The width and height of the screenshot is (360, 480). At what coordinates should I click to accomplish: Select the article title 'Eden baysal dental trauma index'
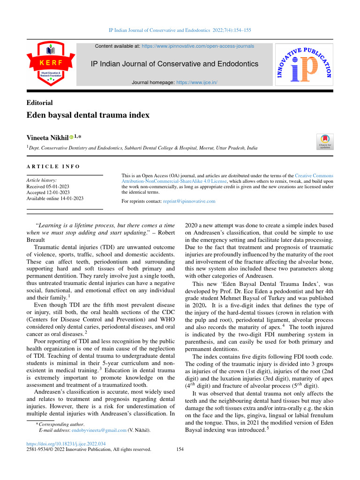click(88, 115)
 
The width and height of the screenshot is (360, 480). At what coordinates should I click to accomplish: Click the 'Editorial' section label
click(39, 103)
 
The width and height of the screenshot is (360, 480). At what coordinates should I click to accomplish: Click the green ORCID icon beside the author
click(72, 138)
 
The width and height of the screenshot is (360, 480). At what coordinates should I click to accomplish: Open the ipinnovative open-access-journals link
click(198, 46)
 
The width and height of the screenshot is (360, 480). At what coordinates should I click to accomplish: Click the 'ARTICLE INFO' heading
click(53, 166)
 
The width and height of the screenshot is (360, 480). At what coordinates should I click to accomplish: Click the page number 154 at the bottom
click(180, 450)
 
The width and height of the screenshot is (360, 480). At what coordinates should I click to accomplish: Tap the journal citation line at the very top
click(180, 30)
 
